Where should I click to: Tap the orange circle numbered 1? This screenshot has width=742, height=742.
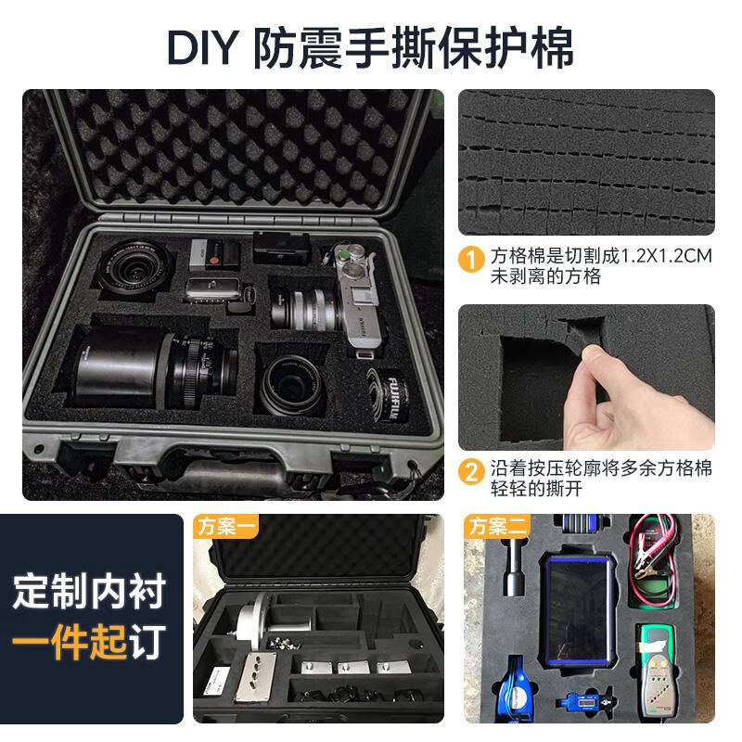473,258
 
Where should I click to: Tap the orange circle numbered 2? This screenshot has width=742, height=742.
473,470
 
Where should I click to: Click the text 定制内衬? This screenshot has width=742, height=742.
89,592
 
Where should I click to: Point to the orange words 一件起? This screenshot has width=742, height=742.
70,642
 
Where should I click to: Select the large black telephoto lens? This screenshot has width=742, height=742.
148,366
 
